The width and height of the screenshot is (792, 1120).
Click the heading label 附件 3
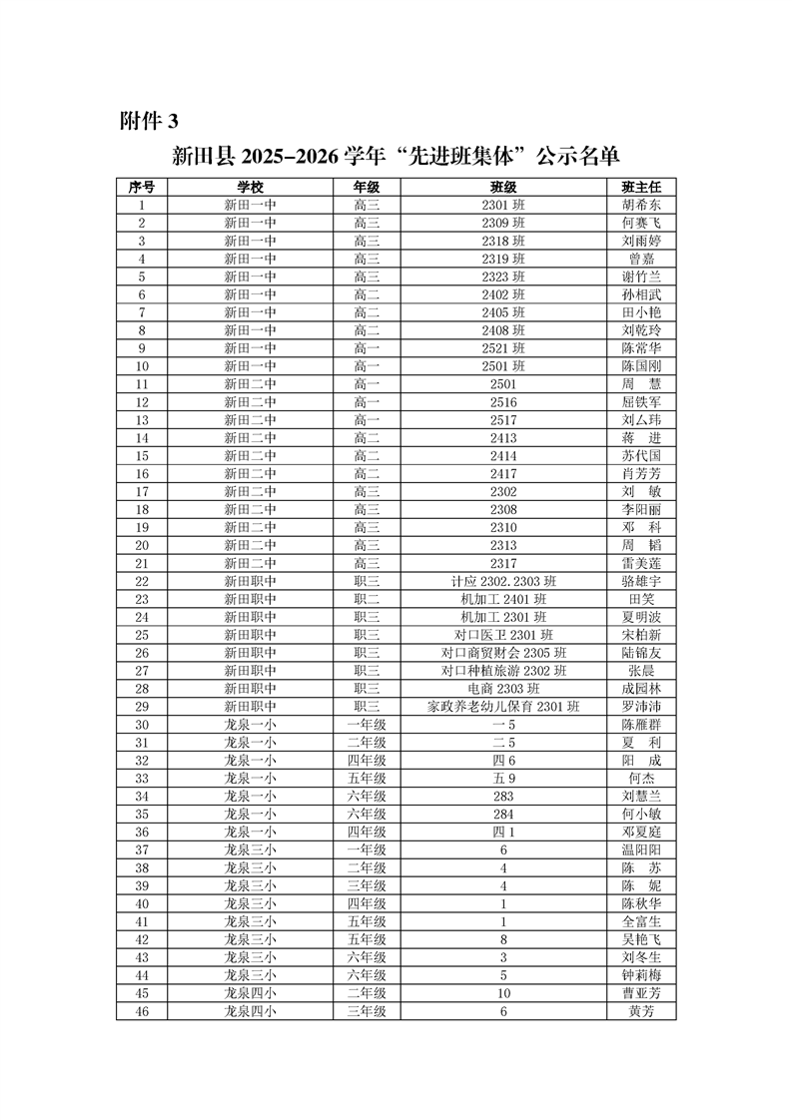pos(149,122)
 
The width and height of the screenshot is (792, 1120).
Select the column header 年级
pos(367,187)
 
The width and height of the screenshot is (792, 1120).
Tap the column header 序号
pos(142,187)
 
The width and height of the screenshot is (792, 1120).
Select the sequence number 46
pos(142,1011)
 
